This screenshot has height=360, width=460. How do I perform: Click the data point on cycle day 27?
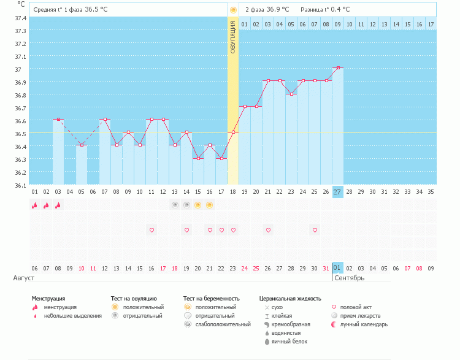coord(338,67)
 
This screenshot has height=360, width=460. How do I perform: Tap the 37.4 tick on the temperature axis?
coord(20,18)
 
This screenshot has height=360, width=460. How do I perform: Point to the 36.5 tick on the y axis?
coord(20,134)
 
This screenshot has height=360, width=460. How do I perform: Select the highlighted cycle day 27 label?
coord(338,192)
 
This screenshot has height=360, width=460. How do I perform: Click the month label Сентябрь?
coord(350,278)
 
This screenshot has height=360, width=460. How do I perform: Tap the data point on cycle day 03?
coord(58,119)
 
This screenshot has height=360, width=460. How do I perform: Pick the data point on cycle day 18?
coord(233,132)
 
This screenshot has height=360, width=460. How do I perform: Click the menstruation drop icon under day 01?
coord(34,205)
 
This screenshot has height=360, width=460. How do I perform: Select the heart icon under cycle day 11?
coord(151,230)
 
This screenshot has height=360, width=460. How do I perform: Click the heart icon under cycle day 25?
coord(315,230)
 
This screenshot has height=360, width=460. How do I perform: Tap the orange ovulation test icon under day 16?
coord(210,205)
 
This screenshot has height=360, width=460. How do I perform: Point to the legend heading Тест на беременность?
coord(210,298)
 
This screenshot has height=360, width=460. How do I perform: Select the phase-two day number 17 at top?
coord(431,25)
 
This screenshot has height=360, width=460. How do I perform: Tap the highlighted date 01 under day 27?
coord(338,268)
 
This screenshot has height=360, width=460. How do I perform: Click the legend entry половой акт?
coord(355,307)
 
